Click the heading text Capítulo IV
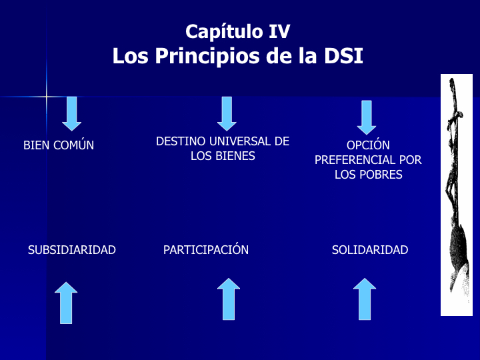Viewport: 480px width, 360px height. tap(237, 31)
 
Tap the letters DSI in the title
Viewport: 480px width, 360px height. tap(343, 56)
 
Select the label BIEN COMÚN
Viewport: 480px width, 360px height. tap(59, 145)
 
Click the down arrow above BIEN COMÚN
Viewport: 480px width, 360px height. tap(71, 113)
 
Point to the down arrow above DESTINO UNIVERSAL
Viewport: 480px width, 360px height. tap(227, 113)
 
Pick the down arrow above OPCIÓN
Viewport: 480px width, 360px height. tap(366, 117)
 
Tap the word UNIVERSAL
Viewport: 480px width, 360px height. tap(242, 141)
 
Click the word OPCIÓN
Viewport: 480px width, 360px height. tap(368, 145)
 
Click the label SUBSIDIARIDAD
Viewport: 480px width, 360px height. tap(72, 250)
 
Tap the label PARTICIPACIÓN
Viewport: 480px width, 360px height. tap(206, 250)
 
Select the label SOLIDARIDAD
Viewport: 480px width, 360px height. tap(370, 250)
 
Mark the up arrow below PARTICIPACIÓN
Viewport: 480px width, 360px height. tap(229, 299)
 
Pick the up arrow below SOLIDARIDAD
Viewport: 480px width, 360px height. tap(365, 299)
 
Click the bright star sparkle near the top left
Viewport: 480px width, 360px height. tap(46, 97)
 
